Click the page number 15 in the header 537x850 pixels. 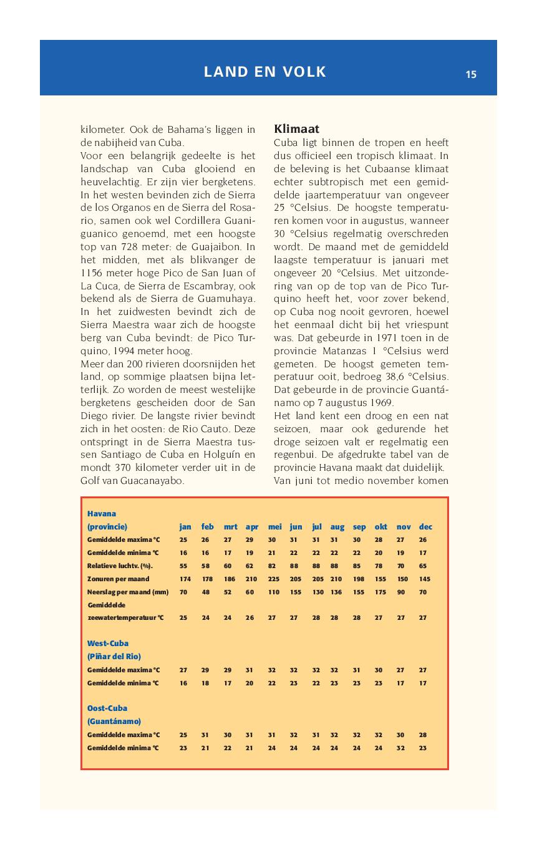[x=471, y=75]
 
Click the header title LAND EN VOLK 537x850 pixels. [x=265, y=72]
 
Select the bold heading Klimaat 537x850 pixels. [x=297, y=129]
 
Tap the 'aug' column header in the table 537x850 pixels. [x=337, y=527]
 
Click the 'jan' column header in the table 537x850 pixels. [x=185, y=527]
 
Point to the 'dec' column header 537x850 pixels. [x=426, y=527]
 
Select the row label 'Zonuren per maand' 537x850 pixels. [x=119, y=579]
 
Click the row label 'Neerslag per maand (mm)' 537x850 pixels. [x=128, y=592]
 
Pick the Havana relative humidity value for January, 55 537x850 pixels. [x=183, y=566]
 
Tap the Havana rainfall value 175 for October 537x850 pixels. [x=380, y=592]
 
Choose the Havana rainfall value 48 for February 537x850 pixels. [x=207, y=592]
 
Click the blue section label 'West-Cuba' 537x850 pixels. [x=108, y=643]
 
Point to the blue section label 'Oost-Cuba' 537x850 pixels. [x=107, y=708]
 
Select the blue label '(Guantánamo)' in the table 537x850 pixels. [x=114, y=722]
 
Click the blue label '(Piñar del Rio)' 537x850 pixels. [x=114, y=657]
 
